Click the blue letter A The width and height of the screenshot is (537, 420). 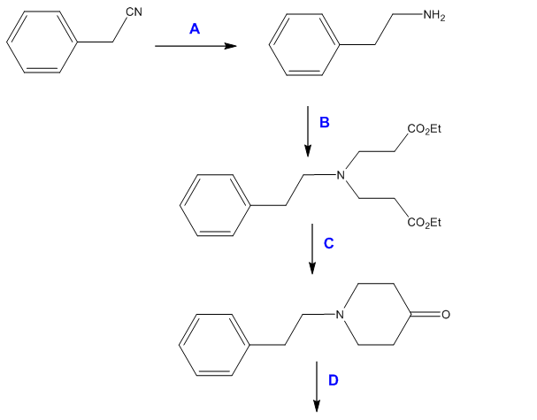[x=195, y=29]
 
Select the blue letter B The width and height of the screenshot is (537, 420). [x=324, y=124]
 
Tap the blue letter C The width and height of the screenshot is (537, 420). [x=327, y=241]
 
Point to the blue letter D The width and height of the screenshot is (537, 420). [x=333, y=380]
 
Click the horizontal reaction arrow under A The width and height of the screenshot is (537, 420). [x=196, y=46]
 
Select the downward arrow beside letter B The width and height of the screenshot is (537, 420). [x=306, y=129]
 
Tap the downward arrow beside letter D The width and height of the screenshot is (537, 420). [x=317, y=386]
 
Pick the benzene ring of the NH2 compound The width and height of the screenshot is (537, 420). [x=300, y=42]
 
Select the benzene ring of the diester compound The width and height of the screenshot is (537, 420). [x=211, y=204]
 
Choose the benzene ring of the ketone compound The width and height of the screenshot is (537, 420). [x=211, y=344]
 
